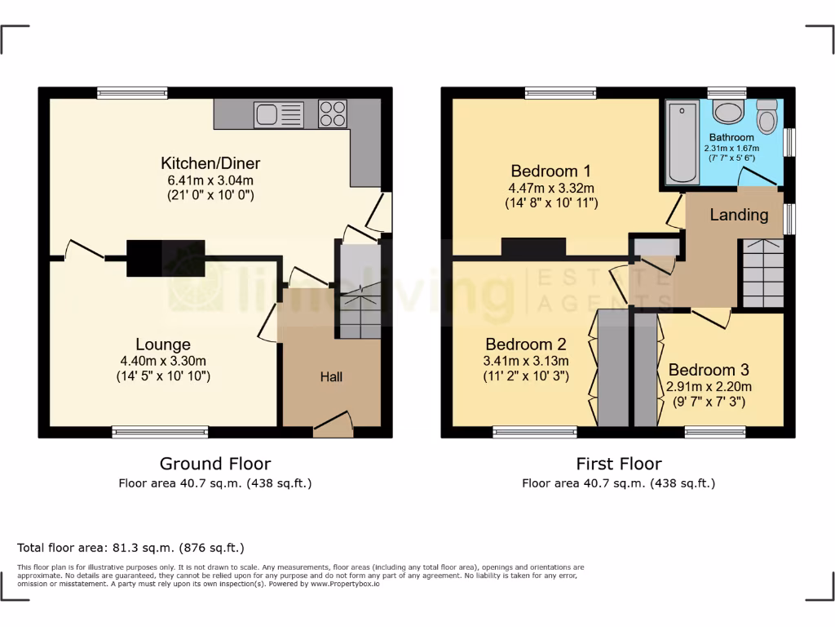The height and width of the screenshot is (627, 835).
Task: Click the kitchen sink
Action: tap(278, 113)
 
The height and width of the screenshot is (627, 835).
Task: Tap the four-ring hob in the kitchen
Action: tap(332, 113)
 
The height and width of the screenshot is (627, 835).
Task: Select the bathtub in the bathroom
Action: tap(681, 142)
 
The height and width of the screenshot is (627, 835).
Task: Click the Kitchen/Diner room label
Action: tap(210, 163)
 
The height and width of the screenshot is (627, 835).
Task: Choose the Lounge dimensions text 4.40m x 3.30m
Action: tap(163, 361)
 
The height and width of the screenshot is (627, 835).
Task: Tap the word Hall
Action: tap(331, 377)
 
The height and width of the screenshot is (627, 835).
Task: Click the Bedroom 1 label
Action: tap(550, 171)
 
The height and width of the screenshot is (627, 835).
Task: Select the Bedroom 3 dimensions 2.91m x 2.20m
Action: tap(709, 387)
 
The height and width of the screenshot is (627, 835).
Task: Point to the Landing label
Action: tap(739, 215)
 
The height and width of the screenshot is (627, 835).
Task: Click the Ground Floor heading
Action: tap(214, 464)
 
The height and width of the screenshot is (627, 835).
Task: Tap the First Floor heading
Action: tap(618, 464)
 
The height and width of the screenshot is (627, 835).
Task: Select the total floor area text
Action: tap(130, 548)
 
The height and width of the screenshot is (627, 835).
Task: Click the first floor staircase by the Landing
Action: tap(762, 273)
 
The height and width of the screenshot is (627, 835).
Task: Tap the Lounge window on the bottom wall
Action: tap(160, 432)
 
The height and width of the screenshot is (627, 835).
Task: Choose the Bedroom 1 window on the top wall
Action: tap(560, 93)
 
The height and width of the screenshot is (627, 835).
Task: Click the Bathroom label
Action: tap(731, 137)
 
